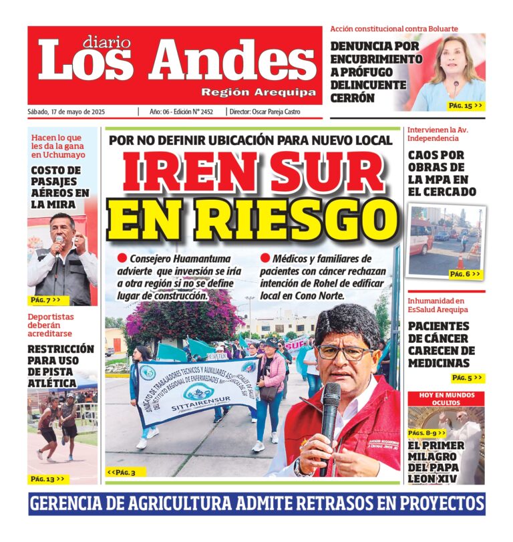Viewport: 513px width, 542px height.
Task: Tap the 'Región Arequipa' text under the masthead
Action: tap(259, 92)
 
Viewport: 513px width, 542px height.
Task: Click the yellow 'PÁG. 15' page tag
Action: tap(464, 106)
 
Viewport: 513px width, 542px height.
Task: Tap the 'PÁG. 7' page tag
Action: tap(45, 300)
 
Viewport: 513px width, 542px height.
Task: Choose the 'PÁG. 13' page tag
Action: tap(47, 479)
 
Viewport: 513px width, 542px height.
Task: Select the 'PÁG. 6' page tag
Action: tap(464, 274)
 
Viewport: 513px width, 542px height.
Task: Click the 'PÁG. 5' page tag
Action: tap(466, 378)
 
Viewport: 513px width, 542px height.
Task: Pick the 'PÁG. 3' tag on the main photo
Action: tap(121, 472)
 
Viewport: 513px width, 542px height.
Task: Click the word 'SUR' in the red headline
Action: tap(330, 173)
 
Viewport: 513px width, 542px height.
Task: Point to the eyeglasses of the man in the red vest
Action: tap(345, 352)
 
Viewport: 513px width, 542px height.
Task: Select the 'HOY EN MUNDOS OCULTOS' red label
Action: tap(446, 399)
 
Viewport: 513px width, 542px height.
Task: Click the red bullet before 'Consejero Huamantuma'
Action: tap(122, 257)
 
